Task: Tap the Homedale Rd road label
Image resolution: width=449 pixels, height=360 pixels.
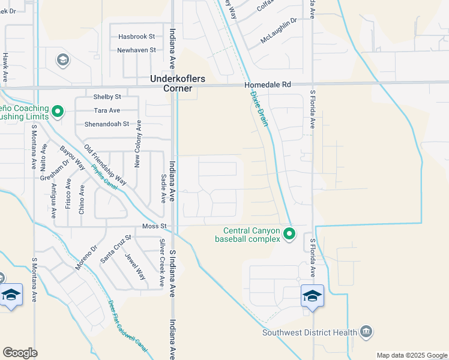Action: [x=268, y=86]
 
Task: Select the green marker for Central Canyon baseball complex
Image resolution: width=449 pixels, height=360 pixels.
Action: [x=289, y=233]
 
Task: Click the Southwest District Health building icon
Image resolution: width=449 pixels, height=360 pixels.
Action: [x=366, y=332]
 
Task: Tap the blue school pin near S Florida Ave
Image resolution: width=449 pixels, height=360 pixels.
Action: [x=312, y=296]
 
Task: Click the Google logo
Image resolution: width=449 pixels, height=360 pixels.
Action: [x=20, y=353]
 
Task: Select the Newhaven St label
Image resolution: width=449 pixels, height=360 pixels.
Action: [x=136, y=50]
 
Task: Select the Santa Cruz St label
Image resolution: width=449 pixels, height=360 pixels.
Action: [x=114, y=249]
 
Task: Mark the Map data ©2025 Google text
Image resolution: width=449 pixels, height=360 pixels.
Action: [x=411, y=355]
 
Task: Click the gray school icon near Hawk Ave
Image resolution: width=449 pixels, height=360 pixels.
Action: [x=62, y=59]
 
